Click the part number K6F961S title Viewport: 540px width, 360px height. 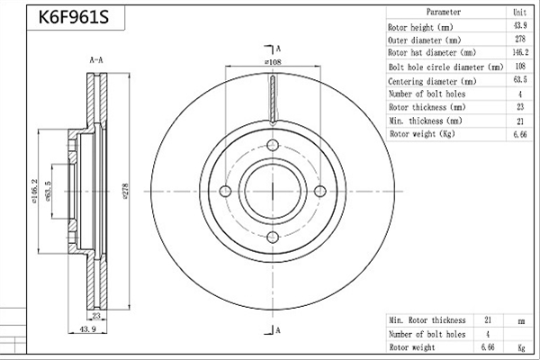point(74,17)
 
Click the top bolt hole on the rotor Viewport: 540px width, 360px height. point(273,145)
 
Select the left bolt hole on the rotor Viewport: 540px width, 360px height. point(225,191)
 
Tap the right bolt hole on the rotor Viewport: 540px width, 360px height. point(320,191)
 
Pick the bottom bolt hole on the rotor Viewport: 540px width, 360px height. point(273,237)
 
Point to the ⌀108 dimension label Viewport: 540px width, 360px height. point(273,62)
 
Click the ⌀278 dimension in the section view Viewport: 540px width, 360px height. point(125,192)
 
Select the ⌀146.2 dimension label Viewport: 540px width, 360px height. point(34,192)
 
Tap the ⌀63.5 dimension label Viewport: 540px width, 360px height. point(48,191)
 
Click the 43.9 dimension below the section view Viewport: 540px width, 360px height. point(88,329)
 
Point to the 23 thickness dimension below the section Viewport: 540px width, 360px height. point(96,315)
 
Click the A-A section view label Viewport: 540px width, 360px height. point(96,60)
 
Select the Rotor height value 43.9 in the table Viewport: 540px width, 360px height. point(520,25)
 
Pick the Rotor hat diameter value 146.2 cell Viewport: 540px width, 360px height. point(520,52)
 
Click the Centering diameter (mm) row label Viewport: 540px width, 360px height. point(432,81)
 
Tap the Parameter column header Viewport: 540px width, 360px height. point(444,12)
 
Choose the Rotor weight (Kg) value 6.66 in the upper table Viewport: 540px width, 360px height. point(520,134)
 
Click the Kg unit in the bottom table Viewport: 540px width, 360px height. point(521,347)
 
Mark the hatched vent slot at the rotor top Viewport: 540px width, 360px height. point(273,100)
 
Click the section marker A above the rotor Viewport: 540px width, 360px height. point(278,49)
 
